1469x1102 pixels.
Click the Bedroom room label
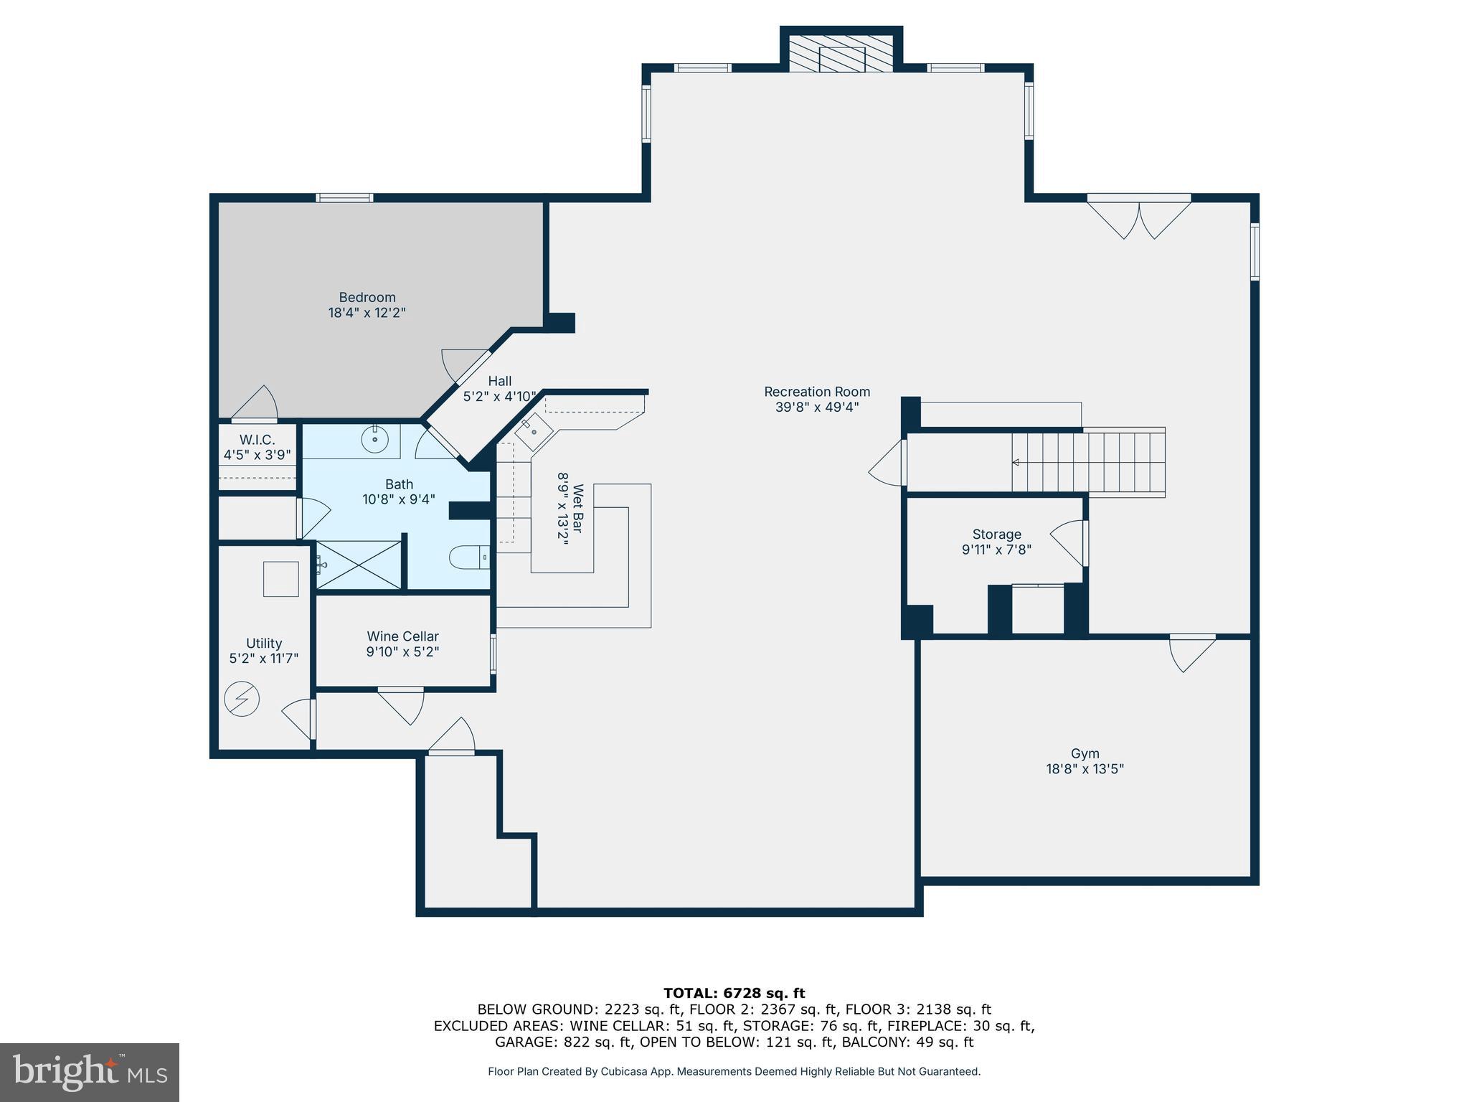pyautogui.click(x=367, y=297)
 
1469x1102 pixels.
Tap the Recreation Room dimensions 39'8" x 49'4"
pyautogui.click(x=816, y=408)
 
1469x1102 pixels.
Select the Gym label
pyautogui.click(x=1085, y=753)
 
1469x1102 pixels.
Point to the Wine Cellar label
pyautogui.click(x=402, y=636)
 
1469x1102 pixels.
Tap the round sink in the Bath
pyautogui.click(x=374, y=438)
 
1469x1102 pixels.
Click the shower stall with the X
pyautogui.click(x=359, y=565)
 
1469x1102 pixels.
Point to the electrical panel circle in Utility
pyautogui.click(x=242, y=698)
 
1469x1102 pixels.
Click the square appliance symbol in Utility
pyautogui.click(x=280, y=579)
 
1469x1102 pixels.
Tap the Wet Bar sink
pyautogui.click(x=533, y=432)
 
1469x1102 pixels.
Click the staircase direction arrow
pyautogui.click(x=1016, y=462)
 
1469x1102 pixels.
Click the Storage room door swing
pyautogui.click(x=1069, y=543)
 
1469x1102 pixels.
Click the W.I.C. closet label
pyautogui.click(x=257, y=440)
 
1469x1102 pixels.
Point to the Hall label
pyautogui.click(x=499, y=381)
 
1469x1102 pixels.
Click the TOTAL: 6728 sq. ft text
pyautogui.click(x=734, y=993)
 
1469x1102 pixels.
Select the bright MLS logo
pyautogui.click(x=90, y=1072)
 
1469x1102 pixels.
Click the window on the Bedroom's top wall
pyautogui.click(x=345, y=198)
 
